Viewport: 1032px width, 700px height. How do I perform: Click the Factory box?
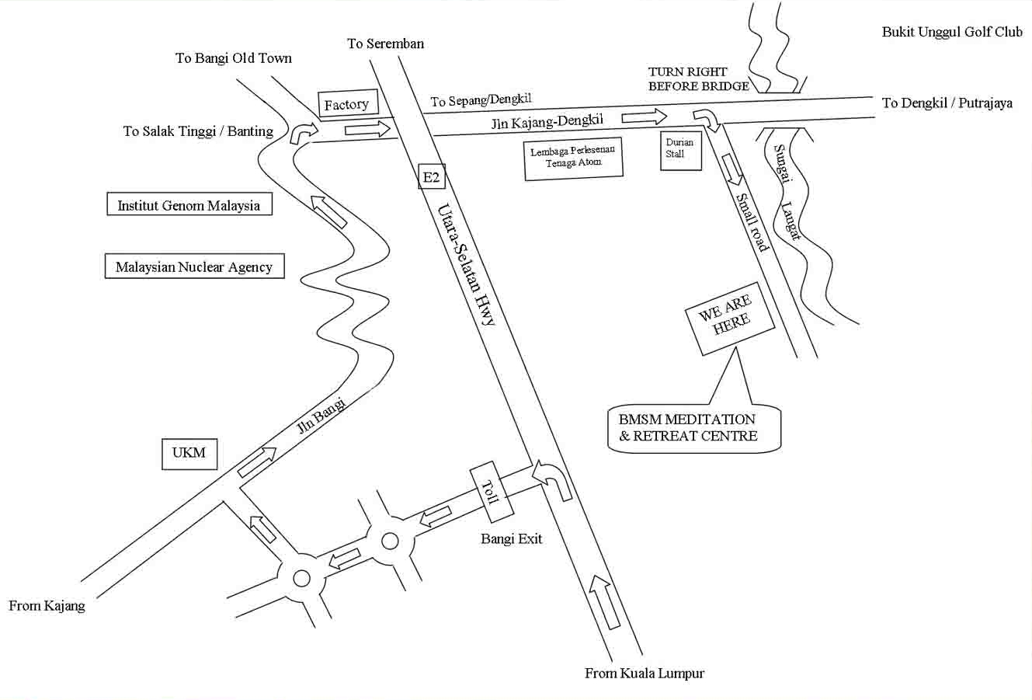coord(346,105)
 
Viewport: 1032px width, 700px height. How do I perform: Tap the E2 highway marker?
coord(431,177)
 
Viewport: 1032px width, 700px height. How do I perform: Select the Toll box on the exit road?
coord(492,492)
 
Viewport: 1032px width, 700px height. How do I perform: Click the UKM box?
coord(189,453)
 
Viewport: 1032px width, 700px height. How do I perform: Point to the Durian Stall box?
coord(680,149)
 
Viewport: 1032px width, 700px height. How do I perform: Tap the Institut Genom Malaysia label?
coord(189,206)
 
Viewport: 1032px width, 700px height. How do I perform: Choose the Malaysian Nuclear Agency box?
coord(194,267)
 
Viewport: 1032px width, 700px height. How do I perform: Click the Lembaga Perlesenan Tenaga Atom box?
coord(573,158)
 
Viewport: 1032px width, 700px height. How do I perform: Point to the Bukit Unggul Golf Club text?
coord(952,32)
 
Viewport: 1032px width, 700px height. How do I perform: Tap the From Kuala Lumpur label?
coord(645,674)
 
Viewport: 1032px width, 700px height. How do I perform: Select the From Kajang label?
coord(47,606)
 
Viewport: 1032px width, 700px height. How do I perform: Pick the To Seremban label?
coord(385,44)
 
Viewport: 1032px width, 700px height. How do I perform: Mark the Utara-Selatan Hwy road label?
coord(466,264)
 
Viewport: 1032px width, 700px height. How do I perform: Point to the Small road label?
coord(751,222)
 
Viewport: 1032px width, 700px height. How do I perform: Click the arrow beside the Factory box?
coord(367,129)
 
